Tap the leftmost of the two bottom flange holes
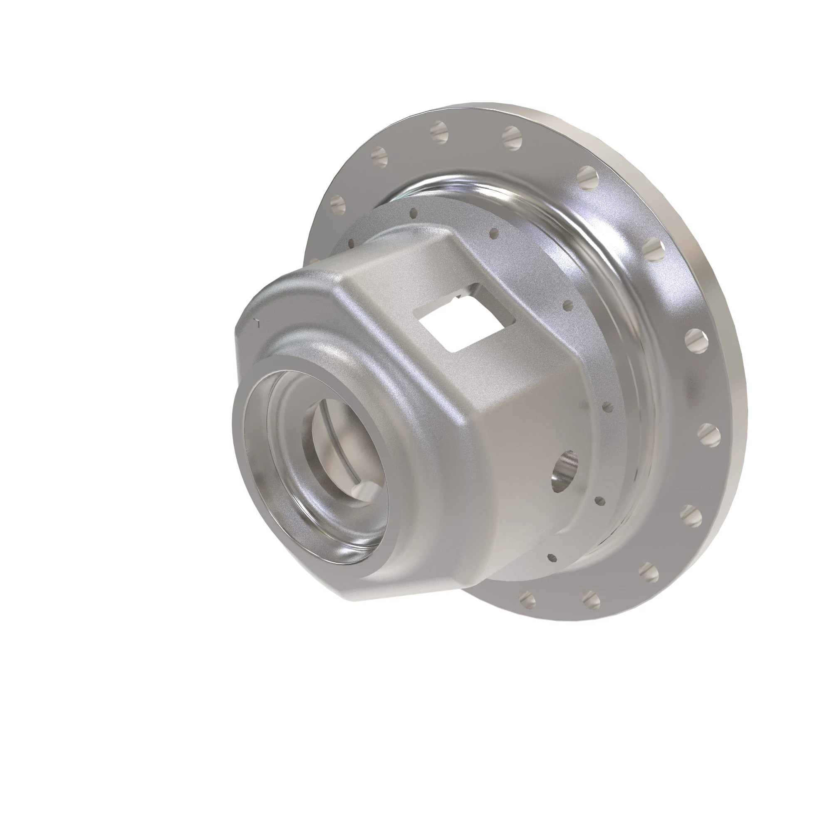point(527,598)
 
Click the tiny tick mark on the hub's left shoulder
point(257,321)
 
